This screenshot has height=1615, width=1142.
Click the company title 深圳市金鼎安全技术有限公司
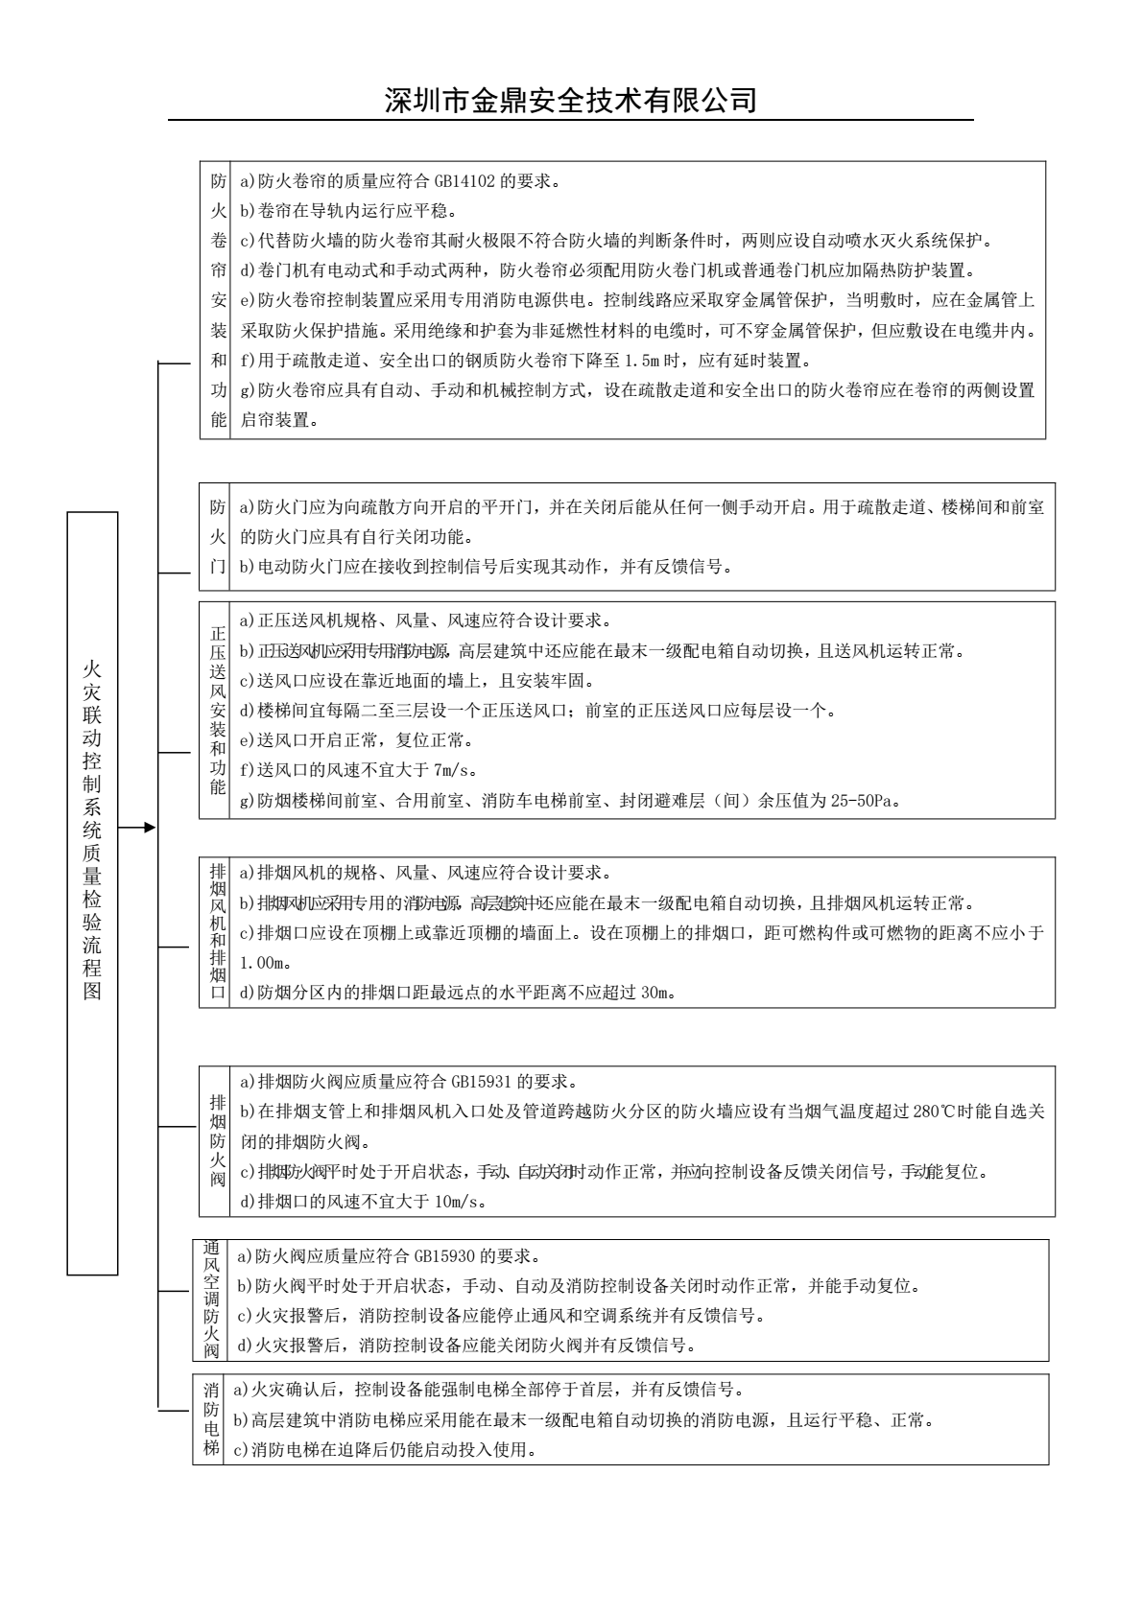(x=570, y=100)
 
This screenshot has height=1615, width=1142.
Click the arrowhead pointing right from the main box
(x=148, y=827)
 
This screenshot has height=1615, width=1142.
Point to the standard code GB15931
(x=483, y=1082)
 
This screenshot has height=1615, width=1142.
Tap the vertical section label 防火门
(x=218, y=536)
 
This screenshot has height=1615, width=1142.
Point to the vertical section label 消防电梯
(x=211, y=1419)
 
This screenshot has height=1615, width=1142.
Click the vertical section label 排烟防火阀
(x=218, y=1141)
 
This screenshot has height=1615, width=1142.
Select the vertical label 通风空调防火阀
(x=211, y=1299)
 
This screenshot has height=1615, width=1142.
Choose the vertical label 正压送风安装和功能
(x=218, y=710)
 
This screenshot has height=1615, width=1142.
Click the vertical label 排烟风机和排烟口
(x=218, y=932)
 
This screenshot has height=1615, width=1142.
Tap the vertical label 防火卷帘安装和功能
(x=218, y=300)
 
